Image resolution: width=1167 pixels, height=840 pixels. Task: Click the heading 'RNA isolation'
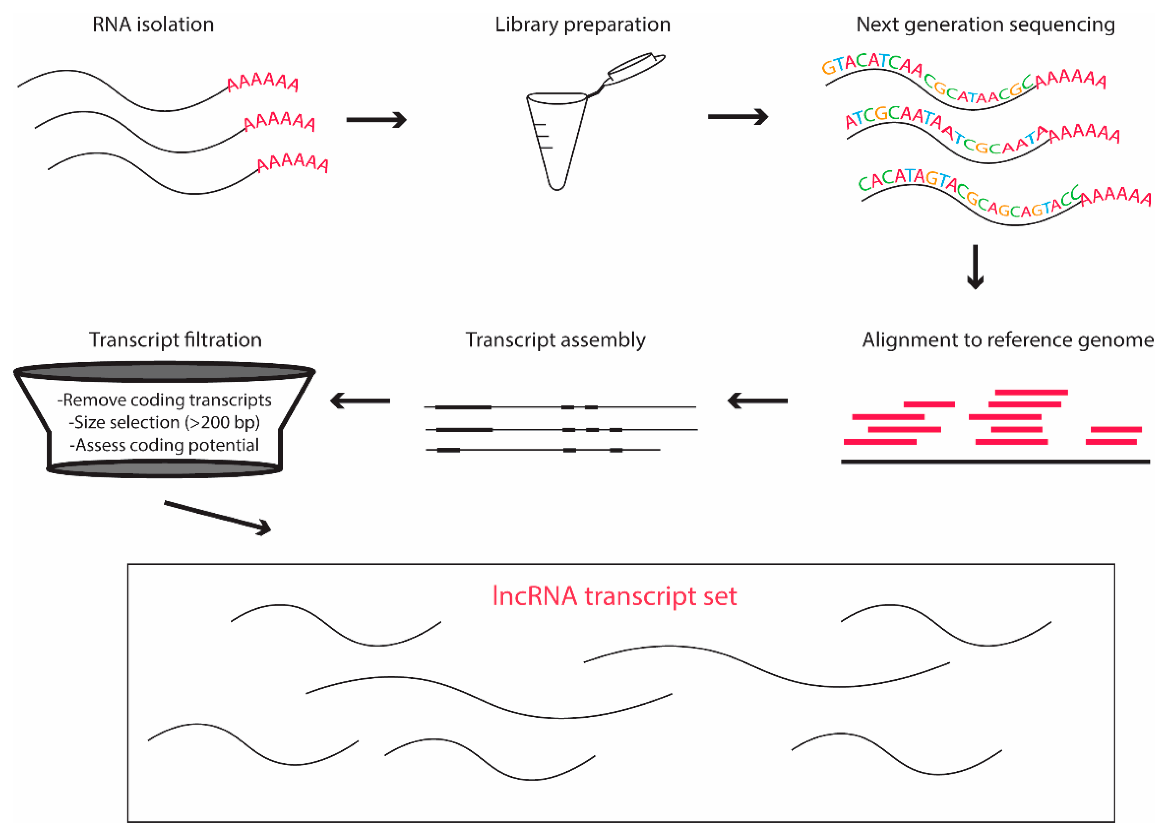coord(153,25)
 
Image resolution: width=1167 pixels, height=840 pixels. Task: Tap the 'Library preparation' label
coord(583,25)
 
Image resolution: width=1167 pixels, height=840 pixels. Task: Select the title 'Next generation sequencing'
coord(985,25)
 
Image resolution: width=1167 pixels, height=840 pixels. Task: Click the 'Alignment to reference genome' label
coord(1007,340)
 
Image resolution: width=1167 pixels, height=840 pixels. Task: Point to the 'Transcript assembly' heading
coord(555,340)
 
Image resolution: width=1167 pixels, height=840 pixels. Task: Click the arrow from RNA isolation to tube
coord(376,120)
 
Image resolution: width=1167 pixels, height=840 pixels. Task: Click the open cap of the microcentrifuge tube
coord(636,67)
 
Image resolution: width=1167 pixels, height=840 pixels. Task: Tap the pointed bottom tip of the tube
coord(557,186)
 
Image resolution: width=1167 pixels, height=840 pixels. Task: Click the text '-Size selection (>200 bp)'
coord(164,422)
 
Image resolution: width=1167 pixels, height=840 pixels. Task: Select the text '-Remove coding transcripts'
coord(164,400)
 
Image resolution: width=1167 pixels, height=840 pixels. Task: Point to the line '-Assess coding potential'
coord(164,445)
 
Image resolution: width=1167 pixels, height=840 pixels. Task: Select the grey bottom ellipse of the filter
coord(164,469)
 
